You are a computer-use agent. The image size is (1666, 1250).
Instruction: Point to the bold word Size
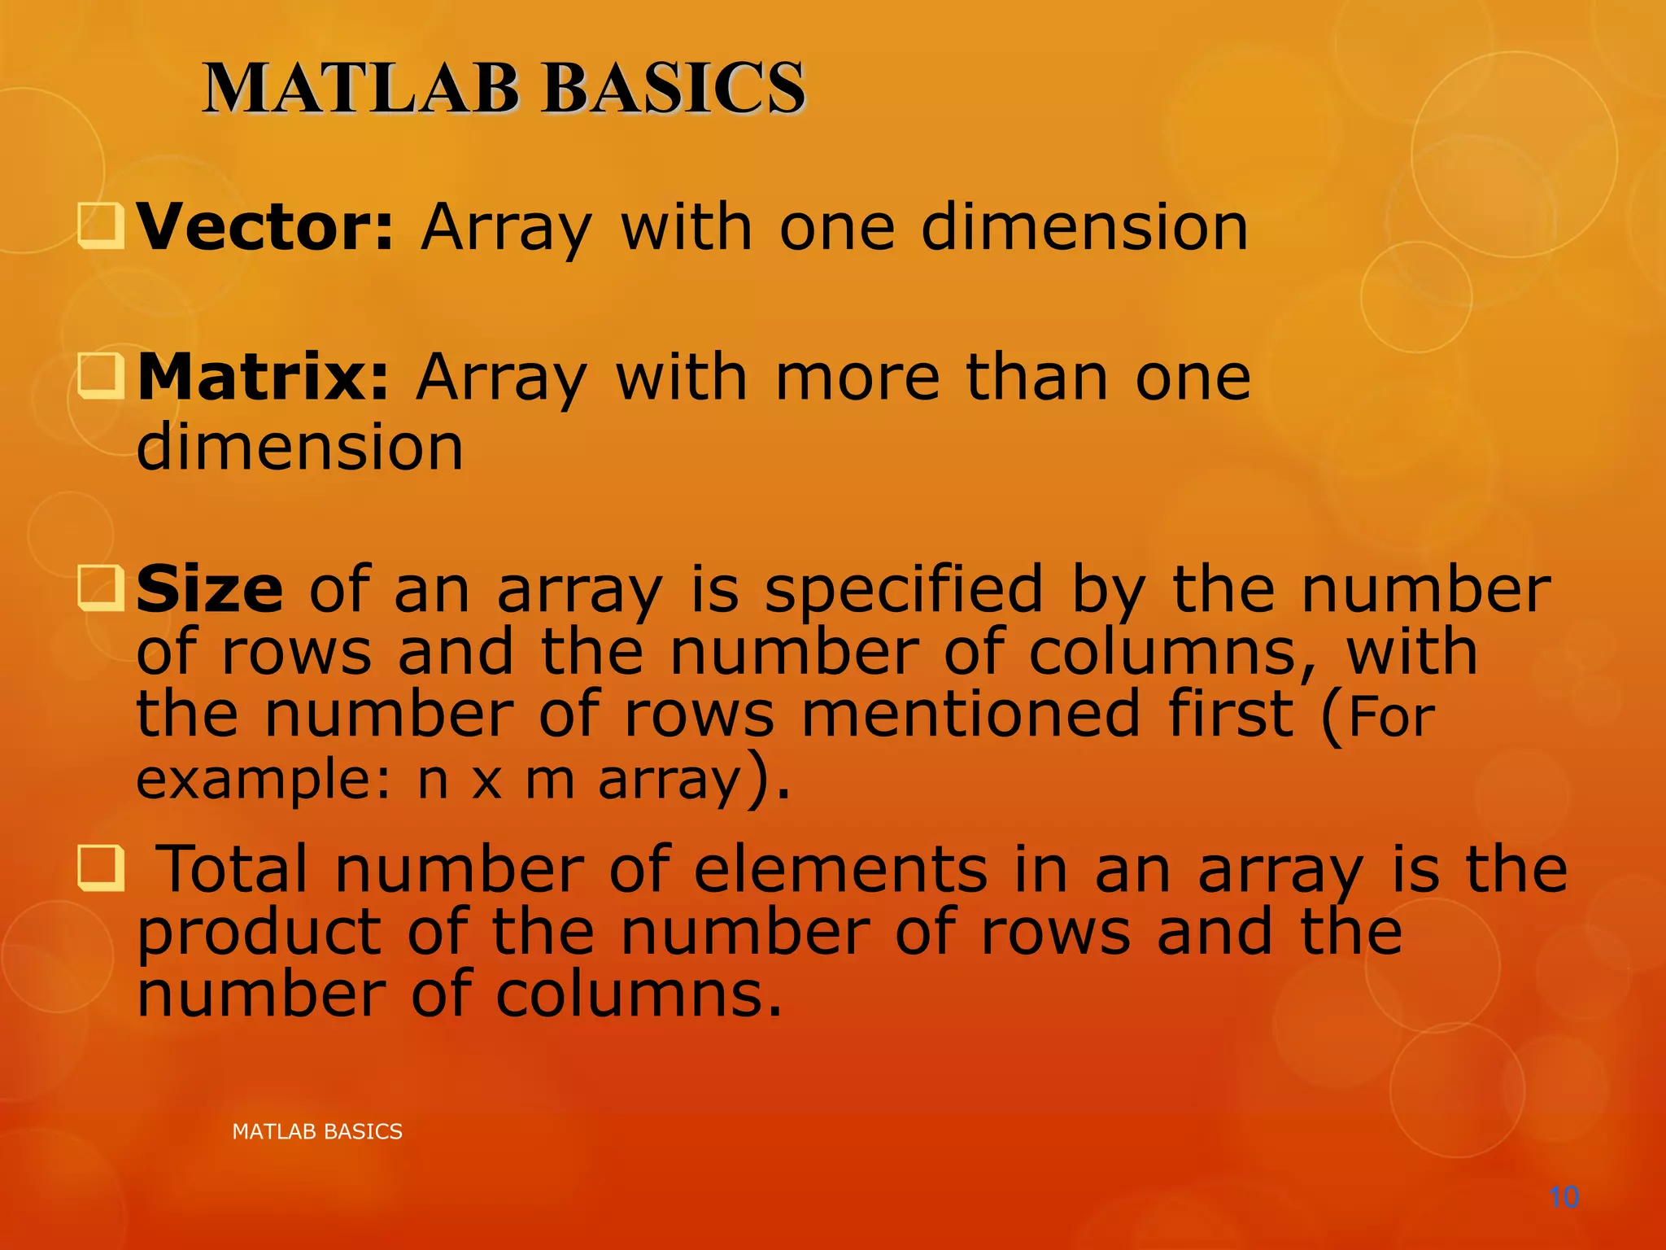tap(209, 589)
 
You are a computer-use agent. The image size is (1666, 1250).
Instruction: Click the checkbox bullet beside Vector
tap(101, 226)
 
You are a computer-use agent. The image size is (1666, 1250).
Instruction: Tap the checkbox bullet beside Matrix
tap(101, 377)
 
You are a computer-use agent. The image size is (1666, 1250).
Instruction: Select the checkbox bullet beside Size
tap(101, 588)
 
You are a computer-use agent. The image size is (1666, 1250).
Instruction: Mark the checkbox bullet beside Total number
tap(101, 868)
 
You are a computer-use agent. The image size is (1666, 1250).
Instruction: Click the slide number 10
tap(1564, 1197)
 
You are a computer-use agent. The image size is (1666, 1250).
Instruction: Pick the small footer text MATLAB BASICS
tap(317, 1131)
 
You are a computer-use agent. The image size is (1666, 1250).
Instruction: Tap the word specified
tap(903, 589)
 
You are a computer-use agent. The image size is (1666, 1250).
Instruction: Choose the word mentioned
tap(970, 714)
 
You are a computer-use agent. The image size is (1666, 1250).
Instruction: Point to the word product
tap(259, 933)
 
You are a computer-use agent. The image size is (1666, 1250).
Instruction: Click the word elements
tap(840, 869)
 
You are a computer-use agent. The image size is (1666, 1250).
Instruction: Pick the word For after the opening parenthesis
tap(1392, 717)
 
